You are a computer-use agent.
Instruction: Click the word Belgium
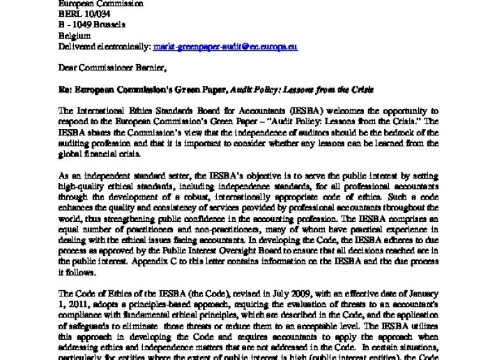74,36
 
